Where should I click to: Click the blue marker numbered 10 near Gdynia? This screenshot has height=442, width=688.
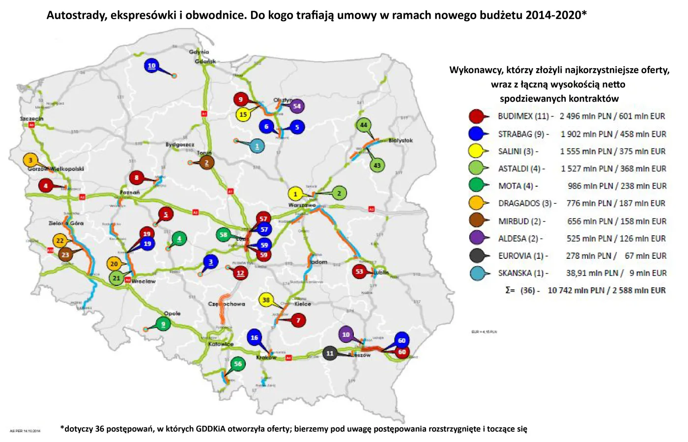click(x=151, y=65)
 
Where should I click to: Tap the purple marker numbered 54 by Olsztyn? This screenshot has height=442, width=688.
click(x=296, y=106)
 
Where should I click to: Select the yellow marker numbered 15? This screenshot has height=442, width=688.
click(x=243, y=114)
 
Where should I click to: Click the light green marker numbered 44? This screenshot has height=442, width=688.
click(x=363, y=125)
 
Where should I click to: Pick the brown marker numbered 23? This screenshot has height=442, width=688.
click(x=65, y=254)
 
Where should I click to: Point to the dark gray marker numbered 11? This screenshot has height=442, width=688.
click(x=330, y=353)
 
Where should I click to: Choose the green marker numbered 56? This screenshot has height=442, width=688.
click(x=238, y=364)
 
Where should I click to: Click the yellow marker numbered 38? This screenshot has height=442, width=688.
click(x=266, y=300)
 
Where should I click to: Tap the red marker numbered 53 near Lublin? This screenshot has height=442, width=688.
click(x=359, y=271)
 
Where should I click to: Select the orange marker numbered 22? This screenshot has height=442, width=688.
click(x=60, y=241)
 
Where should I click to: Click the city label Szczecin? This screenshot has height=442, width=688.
click(x=31, y=118)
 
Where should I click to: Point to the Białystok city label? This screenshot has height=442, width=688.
click(x=401, y=140)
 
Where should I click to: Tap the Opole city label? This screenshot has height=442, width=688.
click(x=172, y=313)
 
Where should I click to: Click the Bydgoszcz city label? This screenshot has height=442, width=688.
click(x=180, y=145)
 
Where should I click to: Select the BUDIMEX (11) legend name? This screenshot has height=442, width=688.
click(x=523, y=116)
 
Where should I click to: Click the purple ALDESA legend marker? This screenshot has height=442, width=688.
click(x=477, y=238)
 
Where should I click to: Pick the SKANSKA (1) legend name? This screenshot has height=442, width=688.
click(x=522, y=273)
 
